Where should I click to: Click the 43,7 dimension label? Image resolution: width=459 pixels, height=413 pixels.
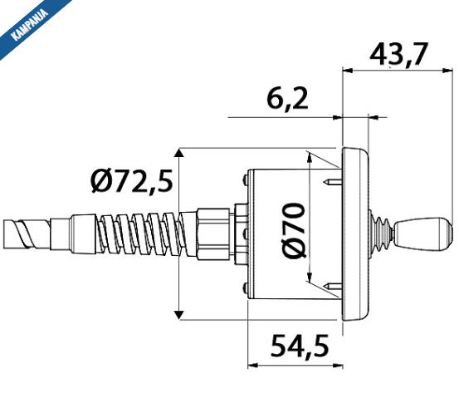[x=398, y=55]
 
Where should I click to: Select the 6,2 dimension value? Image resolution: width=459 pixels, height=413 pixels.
[x=288, y=99]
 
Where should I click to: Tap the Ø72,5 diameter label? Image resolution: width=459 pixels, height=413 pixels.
[x=132, y=181]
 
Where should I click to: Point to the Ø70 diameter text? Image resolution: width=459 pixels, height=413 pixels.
[x=294, y=231]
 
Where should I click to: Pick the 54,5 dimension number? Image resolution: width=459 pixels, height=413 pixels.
[x=300, y=346]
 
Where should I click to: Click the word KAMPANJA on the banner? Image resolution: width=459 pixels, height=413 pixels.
[x=30, y=25]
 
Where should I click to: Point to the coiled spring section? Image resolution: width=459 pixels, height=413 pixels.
[x=141, y=234]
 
